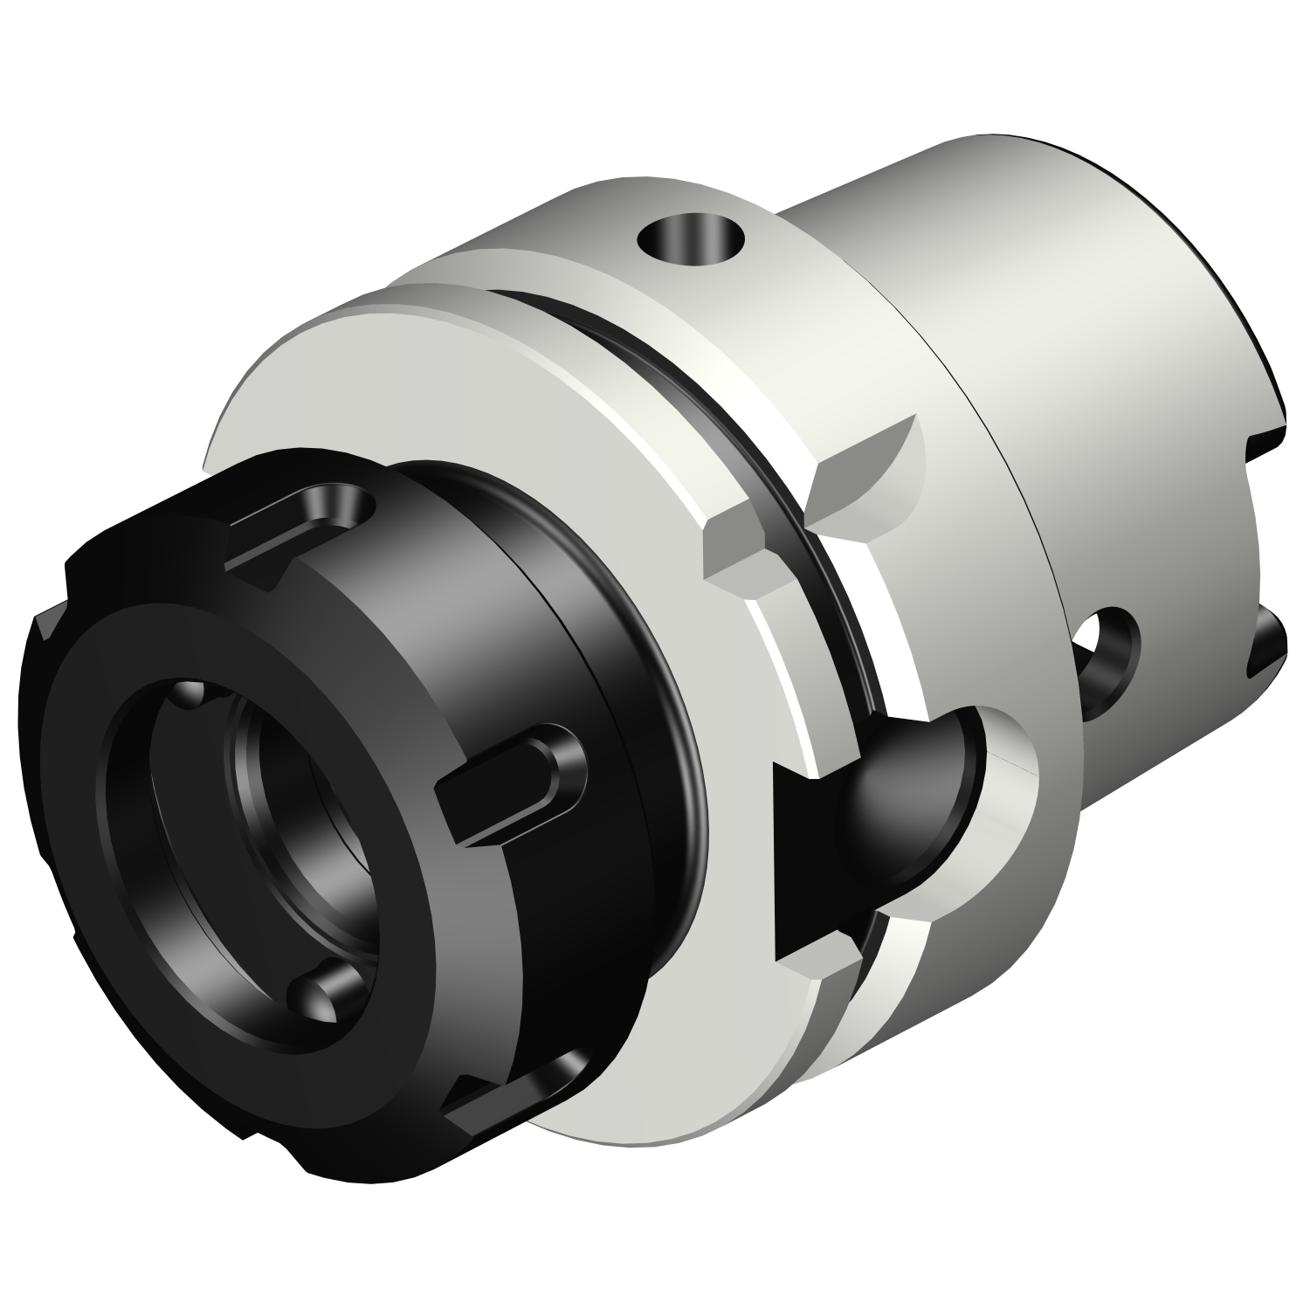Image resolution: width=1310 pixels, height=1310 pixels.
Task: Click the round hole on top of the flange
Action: point(693,237)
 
